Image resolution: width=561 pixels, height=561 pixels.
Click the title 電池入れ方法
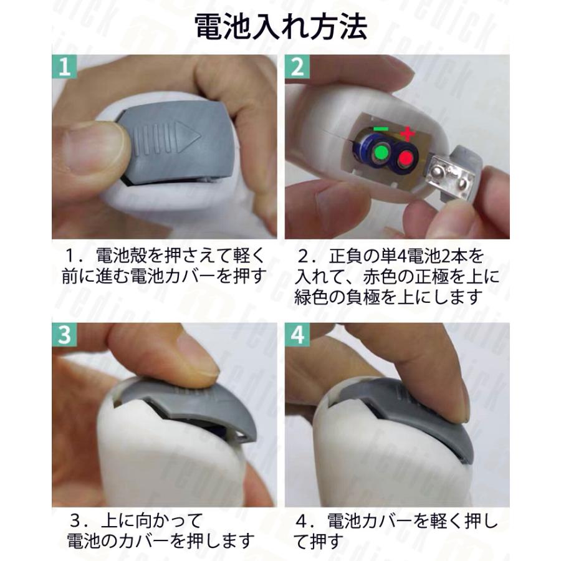281,27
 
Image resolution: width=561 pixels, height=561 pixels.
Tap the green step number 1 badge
64,67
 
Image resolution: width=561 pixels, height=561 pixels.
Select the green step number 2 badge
297,67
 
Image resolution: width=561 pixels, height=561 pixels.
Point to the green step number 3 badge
64,335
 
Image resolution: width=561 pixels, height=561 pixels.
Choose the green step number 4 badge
297,335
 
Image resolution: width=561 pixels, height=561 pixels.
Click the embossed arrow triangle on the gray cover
187,137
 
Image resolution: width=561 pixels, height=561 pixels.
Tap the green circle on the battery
381,153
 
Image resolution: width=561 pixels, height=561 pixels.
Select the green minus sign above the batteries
381,128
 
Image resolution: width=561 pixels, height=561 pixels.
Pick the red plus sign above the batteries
408,134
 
